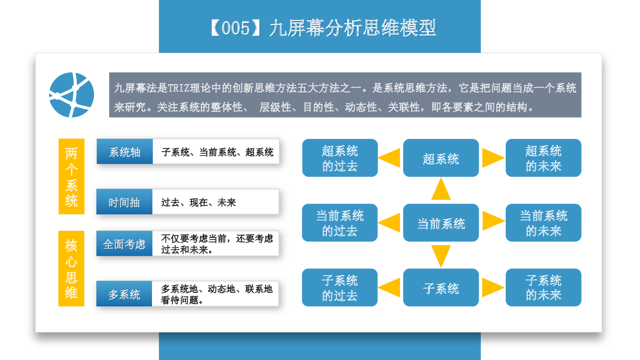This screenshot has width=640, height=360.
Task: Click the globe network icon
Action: (72, 95)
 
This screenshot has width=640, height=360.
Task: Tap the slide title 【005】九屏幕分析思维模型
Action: (323, 28)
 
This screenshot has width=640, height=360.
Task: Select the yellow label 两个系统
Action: (72, 176)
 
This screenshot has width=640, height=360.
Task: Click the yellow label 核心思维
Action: (72, 268)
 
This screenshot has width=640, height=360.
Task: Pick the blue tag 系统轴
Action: (124, 152)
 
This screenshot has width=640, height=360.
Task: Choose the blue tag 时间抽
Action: (124, 202)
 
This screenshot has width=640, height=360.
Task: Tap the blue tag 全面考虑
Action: (124, 244)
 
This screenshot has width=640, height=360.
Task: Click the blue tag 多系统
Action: (124, 294)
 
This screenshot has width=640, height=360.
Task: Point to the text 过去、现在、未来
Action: (198, 202)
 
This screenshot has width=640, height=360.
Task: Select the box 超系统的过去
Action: (340, 158)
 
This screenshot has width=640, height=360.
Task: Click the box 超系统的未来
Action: (544, 158)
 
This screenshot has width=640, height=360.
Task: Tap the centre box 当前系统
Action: (441, 222)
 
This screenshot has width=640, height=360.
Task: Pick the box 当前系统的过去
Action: (340, 222)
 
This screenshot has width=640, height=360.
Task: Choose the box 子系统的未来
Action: (544, 288)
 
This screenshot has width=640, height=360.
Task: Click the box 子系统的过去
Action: (340, 288)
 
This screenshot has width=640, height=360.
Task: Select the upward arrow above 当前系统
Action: (441, 189)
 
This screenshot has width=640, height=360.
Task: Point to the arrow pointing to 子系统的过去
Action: (389, 288)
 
